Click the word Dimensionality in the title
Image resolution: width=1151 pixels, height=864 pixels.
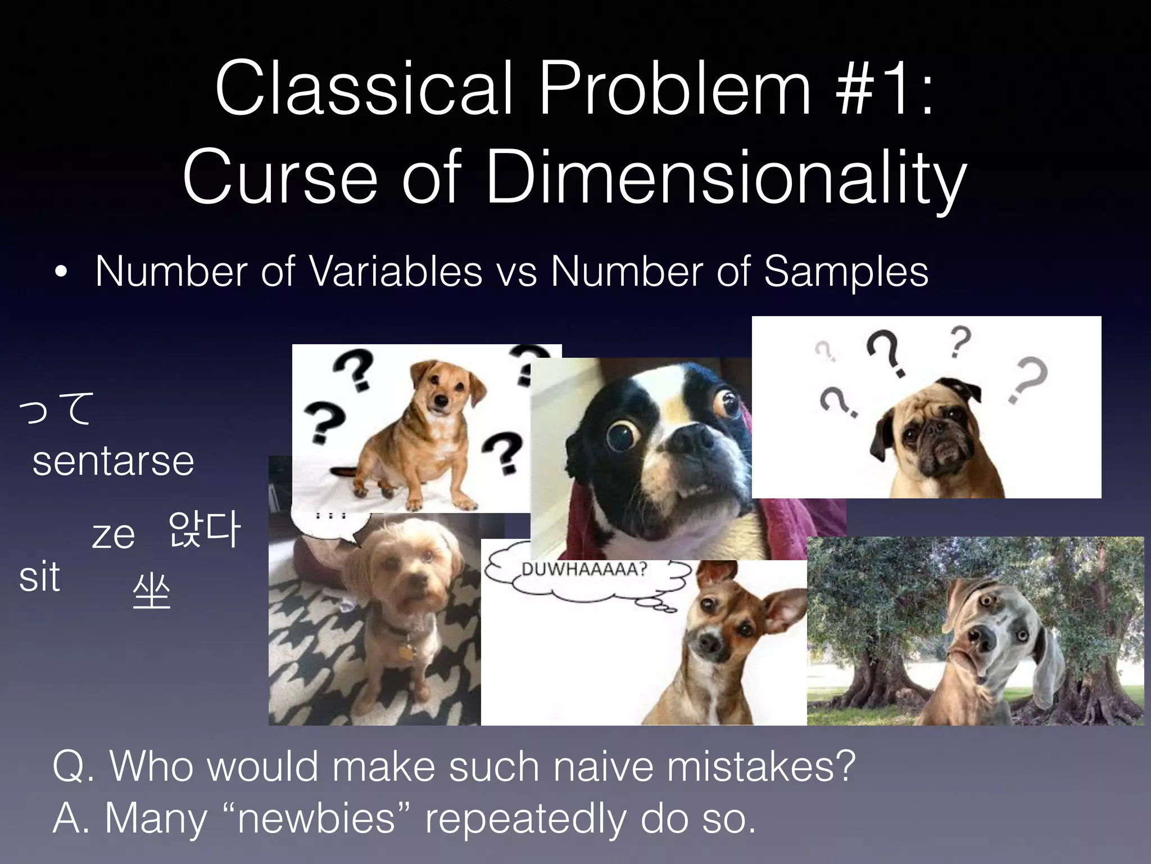725,178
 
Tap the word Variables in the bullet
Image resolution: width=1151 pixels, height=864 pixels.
396,272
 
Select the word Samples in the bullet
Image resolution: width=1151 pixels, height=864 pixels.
846,272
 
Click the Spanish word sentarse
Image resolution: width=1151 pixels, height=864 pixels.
113,461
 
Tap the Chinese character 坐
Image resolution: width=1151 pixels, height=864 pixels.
151,592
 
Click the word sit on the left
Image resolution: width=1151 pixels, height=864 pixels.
39,577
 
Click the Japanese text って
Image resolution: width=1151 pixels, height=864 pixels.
56,409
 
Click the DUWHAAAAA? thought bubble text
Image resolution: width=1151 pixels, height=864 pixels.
584,569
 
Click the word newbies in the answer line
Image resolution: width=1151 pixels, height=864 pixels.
318,818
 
